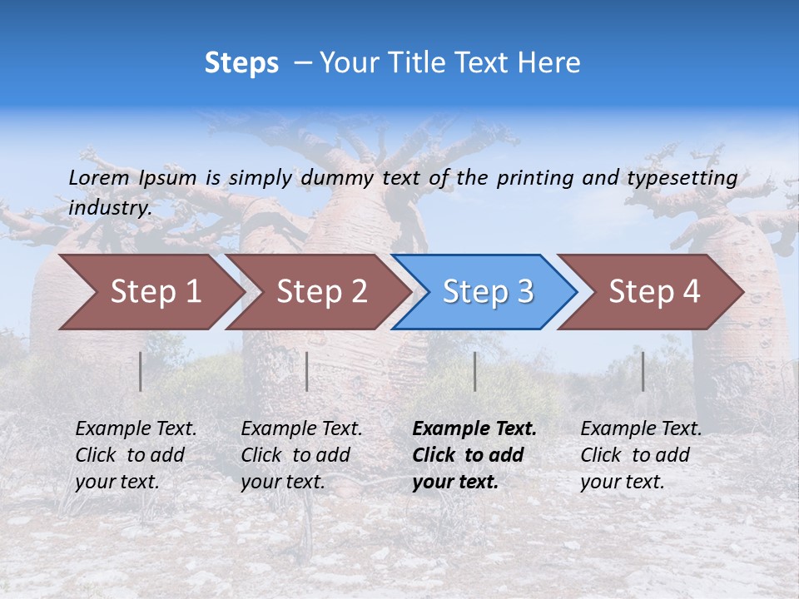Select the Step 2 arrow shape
[320, 292]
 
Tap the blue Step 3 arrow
[487, 292]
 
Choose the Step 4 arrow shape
[653, 292]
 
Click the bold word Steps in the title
[241, 63]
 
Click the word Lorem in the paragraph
[99, 177]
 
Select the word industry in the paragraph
[109, 207]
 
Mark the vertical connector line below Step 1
[141, 371]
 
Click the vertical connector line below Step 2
[307, 371]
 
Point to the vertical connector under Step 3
[475, 371]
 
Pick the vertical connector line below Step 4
[643, 371]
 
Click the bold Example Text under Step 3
[474, 429]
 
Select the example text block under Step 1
[136, 455]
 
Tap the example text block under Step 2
[301, 455]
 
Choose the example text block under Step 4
[641, 455]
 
